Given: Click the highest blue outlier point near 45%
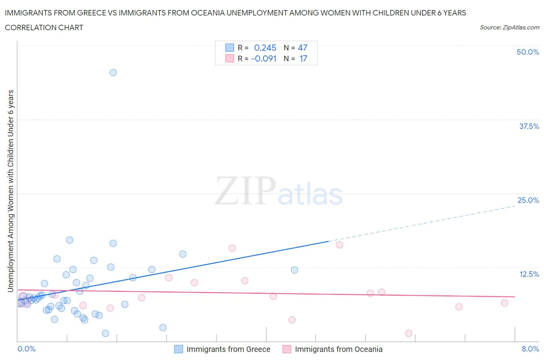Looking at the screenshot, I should (113, 72).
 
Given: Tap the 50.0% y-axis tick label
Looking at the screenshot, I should (528, 52).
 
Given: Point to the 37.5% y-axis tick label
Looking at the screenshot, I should (529, 126).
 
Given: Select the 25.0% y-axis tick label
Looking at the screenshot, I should (528, 200).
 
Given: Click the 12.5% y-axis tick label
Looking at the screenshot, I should (529, 274).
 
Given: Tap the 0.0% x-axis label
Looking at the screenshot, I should (26, 349).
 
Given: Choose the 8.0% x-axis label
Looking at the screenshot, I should (530, 349).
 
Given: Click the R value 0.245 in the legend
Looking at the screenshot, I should (265, 48).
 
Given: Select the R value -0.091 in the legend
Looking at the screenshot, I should (264, 58).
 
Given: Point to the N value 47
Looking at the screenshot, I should (303, 48).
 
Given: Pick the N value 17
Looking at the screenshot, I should (303, 58).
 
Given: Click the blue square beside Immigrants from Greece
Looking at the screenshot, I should (178, 349).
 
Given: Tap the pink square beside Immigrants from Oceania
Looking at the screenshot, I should (287, 349).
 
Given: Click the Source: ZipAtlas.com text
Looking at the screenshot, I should (509, 27).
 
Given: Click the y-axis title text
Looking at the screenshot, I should (10, 191).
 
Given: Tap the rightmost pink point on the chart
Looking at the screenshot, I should (504, 303).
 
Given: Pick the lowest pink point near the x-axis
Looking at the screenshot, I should (409, 333).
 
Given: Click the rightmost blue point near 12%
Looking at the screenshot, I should (294, 270).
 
